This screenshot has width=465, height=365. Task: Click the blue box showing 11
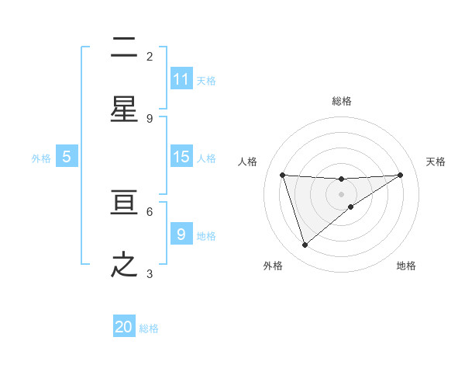[x=181, y=79]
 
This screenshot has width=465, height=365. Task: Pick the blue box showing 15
[x=181, y=157]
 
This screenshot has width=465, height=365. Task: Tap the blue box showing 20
[x=124, y=327]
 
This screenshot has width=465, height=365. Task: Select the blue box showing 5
[x=67, y=157]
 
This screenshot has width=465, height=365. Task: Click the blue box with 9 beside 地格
[x=181, y=235]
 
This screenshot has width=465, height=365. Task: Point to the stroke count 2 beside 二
[x=150, y=56]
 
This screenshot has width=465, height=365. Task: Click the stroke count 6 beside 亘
[x=150, y=211]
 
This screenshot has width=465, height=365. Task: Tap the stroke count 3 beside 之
[x=150, y=273]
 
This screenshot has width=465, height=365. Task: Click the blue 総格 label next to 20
[x=150, y=328]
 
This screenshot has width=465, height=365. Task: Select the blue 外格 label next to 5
[x=41, y=158]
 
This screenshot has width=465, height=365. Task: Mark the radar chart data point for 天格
[x=400, y=175]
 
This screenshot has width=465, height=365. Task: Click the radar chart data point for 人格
[x=282, y=175]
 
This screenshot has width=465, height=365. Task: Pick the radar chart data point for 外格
[x=305, y=245]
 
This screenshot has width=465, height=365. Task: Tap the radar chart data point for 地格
[x=351, y=207]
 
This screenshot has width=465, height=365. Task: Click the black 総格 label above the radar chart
[x=341, y=101]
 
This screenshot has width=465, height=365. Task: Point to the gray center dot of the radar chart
[x=341, y=193]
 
